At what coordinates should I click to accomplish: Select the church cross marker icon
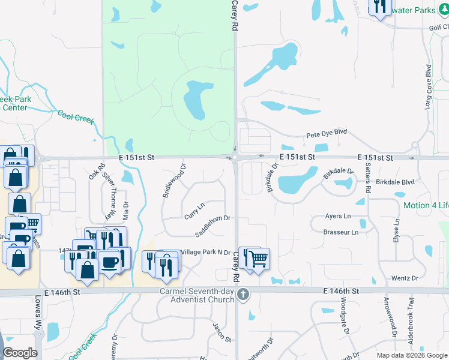pyautogui.click(x=243, y=294)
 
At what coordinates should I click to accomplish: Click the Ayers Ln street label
pyautogui.click(x=337, y=216)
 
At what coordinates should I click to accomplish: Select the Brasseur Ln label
pyautogui.click(x=340, y=232)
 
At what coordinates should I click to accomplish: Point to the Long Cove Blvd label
pyautogui.click(x=429, y=86)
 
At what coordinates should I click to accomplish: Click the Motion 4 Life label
pyautogui.click(x=426, y=206)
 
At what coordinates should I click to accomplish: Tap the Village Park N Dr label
pyautogui.click(x=205, y=253)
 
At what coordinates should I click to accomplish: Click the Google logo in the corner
pyautogui.click(x=20, y=352)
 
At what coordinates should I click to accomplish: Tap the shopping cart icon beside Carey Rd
pyautogui.click(x=259, y=259)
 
